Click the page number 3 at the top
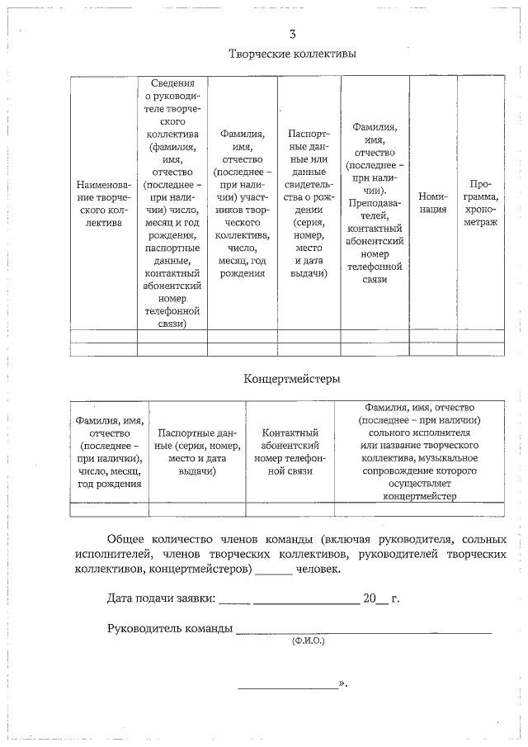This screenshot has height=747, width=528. pyautogui.click(x=292, y=35)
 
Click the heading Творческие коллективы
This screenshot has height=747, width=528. pyautogui.click(x=292, y=54)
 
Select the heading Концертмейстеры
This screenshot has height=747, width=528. pyautogui.click(x=292, y=379)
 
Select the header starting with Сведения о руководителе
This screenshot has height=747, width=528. pyautogui.click(x=172, y=203)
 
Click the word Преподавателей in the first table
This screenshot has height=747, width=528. pyautogui.click(x=375, y=209)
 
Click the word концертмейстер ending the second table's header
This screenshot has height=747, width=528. pyautogui.click(x=419, y=495)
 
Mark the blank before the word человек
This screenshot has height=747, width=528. pyautogui.click(x=275, y=570)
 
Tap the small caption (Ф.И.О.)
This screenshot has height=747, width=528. pyautogui.click(x=309, y=641)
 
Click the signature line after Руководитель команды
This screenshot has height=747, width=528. pyautogui.click(x=363, y=631)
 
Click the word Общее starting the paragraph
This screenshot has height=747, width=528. pyautogui.click(x=127, y=539)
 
